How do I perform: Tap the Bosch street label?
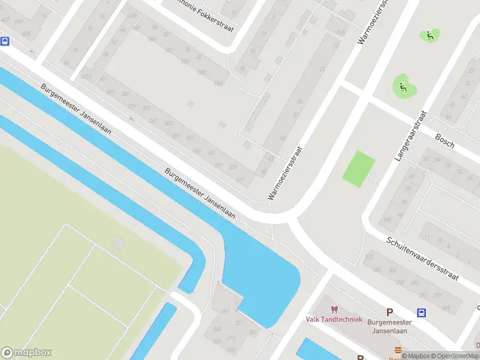(x=445, y=142)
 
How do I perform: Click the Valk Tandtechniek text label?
(x=334, y=319)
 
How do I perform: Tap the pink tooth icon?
(x=334, y=310)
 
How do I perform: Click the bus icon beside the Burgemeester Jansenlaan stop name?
(x=422, y=313)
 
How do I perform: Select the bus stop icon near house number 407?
(x=5, y=41)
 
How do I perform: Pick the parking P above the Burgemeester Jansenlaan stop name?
(x=389, y=312)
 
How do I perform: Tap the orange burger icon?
(x=397, y=350)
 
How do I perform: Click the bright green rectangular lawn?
(x=359, y=169)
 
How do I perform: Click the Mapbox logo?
(x=26, y=353)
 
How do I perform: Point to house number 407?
(x=5, y=20)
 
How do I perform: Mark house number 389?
(x=125, y=95)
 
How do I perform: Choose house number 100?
(x=387, y=220)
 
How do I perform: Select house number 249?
(x=446, y=308)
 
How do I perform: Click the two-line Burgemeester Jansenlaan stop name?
(x=389, y=325)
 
